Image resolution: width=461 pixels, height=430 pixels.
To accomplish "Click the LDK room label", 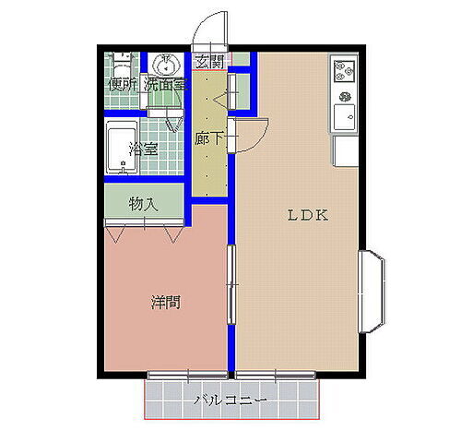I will pyautogui.click(x=308, y=217).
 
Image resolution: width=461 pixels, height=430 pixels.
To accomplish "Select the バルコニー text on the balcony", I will pyautogui.click(x=230, y=400).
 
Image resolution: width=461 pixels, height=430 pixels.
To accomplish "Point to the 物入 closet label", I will pyautogui.click(x=143, y=203).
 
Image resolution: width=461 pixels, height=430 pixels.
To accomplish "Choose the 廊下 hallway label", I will pyautogui.click(x=209, y=140).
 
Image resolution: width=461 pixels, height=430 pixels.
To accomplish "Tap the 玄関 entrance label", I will pyautogui.click(x=209, y=62).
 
